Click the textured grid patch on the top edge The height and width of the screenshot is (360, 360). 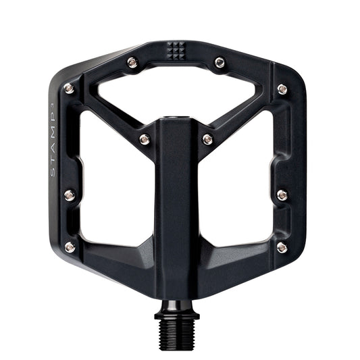176,50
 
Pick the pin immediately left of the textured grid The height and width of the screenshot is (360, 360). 132,63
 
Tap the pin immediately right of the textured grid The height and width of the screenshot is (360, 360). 220,63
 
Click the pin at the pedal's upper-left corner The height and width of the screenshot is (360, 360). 69,88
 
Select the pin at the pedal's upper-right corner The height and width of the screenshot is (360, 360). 282,88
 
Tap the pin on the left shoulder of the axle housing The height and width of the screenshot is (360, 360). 144,139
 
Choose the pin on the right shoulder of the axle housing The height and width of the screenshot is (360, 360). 207,139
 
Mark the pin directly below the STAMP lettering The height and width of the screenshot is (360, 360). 69,196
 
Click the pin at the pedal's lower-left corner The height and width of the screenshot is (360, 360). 70,247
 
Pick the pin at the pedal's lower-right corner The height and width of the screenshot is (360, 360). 282,247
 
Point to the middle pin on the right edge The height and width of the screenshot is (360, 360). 282,195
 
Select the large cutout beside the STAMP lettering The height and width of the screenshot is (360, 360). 108,182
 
